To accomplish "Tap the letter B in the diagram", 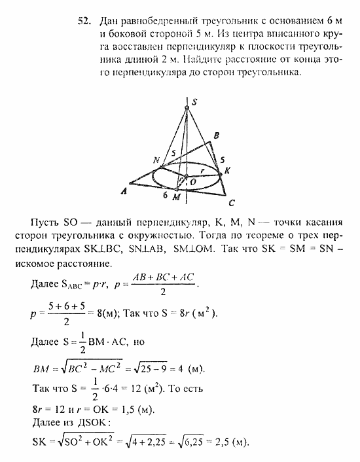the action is click(216, 135).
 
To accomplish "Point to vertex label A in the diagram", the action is click(122, 192).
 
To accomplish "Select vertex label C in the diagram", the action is click(232, 202).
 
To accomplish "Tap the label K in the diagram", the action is click(227, 170).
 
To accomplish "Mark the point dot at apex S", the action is click(187, 107).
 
